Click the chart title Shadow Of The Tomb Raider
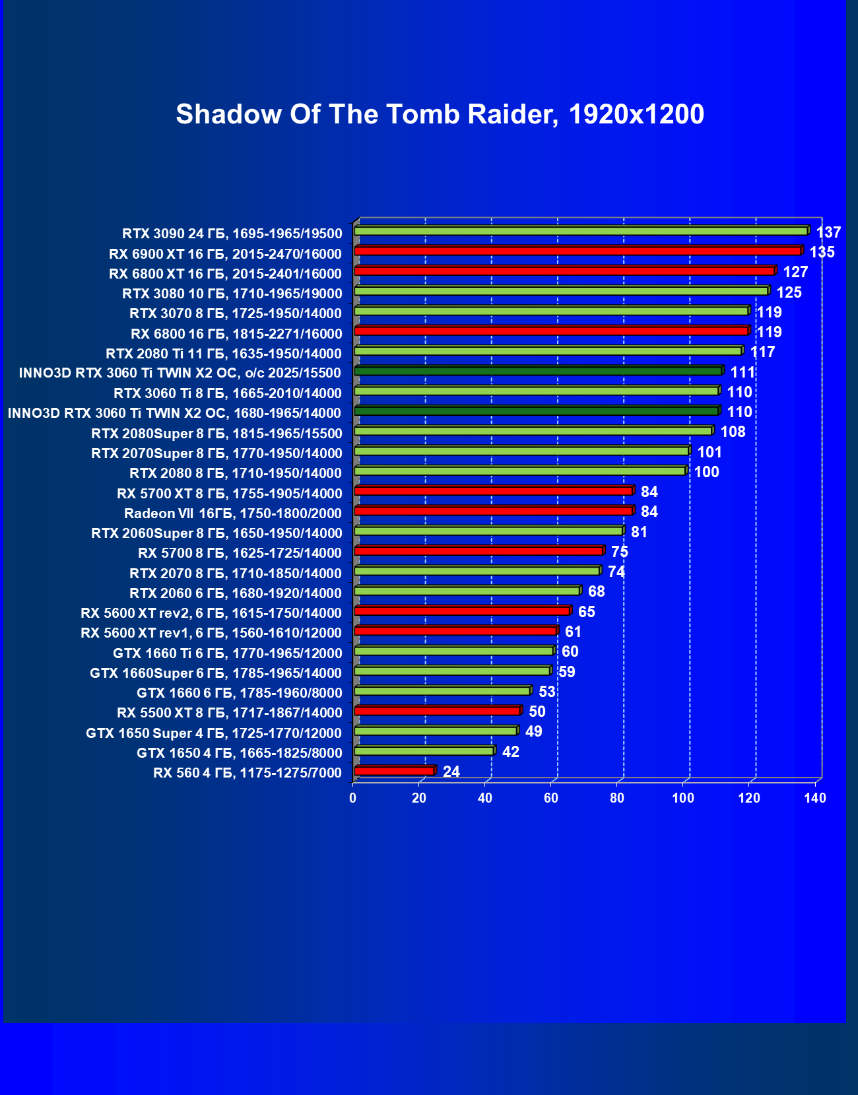440,114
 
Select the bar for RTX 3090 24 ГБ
581,231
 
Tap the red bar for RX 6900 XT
577,251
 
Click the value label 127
795,272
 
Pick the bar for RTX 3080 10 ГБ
561,291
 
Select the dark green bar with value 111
538,371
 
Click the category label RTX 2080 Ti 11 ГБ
224,353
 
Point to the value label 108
733,432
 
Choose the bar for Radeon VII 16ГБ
493,511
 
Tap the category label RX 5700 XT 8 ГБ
230,493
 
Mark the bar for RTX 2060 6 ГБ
467,591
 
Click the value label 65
586,612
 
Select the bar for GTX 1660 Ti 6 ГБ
453,651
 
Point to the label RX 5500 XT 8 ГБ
230,712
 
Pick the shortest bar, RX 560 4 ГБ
394,770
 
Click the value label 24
451,772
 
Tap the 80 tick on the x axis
617,798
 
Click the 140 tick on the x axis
815,798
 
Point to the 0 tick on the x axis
353,798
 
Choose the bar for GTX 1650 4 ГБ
424,750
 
